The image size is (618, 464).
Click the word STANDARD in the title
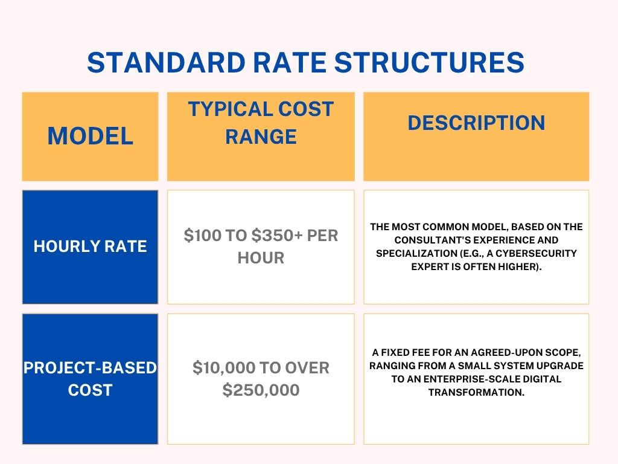pos(167,62)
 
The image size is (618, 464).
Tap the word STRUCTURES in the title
pos(429,62)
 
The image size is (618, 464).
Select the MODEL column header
pos(91,136)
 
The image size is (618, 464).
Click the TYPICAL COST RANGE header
pos(261,123)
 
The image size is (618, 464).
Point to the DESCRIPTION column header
pos(476,123)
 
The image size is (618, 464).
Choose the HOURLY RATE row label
pos(91,246)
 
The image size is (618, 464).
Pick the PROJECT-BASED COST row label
pos(91,379)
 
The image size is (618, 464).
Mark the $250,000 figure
pos(261,390)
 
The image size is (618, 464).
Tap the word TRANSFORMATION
pos(476,392)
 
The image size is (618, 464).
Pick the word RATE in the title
pos(290,62)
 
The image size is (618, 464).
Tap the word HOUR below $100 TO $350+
pos(261,258)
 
